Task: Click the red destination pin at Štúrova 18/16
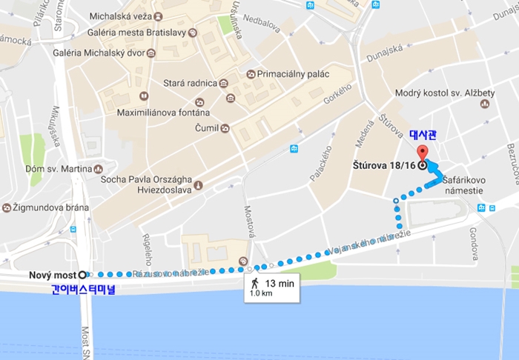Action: pyautogui.click(x=423, y=153)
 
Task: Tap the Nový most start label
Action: pyautogui.click(x=52, y=275)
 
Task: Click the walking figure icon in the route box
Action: pyautogui.click(x=255, y=282)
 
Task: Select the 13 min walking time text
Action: pyautogui.click(x=279, y=282)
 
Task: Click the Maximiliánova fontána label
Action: pyautogui.click(x=163, y=113)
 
